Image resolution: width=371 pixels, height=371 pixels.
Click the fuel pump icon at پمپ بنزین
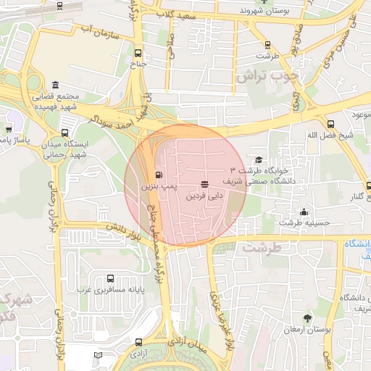159,175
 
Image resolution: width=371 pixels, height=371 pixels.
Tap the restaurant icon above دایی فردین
204,184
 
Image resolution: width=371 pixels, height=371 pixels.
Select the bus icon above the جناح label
138,52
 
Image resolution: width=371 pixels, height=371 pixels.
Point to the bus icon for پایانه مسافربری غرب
110,278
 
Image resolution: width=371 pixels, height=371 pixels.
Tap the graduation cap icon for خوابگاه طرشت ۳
259,160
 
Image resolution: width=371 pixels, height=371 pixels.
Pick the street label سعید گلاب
178,14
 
